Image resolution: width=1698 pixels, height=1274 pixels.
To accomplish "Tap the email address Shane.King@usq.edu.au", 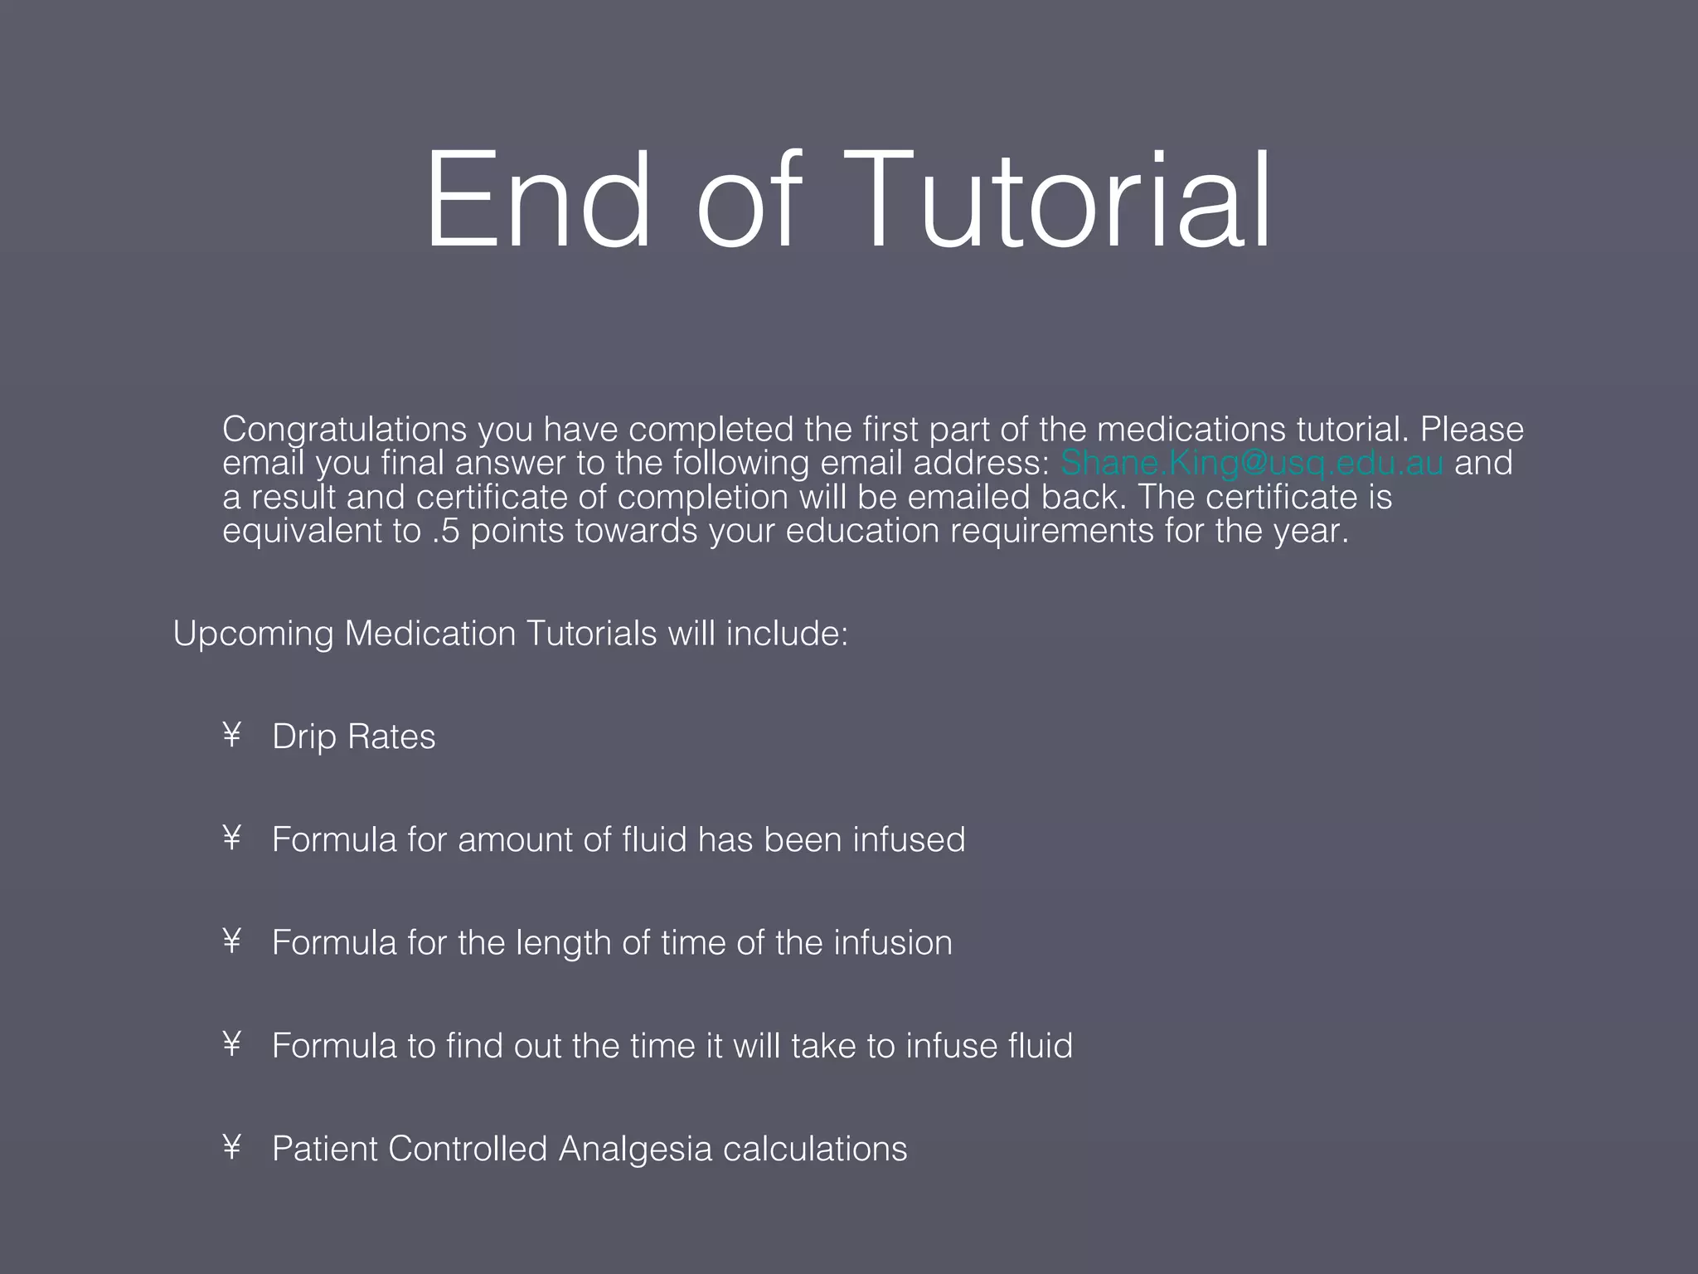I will point(1252,463).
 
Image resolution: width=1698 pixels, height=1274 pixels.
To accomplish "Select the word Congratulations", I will point(344,430).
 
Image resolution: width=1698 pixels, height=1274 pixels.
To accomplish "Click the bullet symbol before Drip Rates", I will point(232,735).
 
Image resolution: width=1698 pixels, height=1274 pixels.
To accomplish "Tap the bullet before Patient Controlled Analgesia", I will point(232,1147).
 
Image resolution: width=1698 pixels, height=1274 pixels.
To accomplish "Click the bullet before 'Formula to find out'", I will point(232,1044).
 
